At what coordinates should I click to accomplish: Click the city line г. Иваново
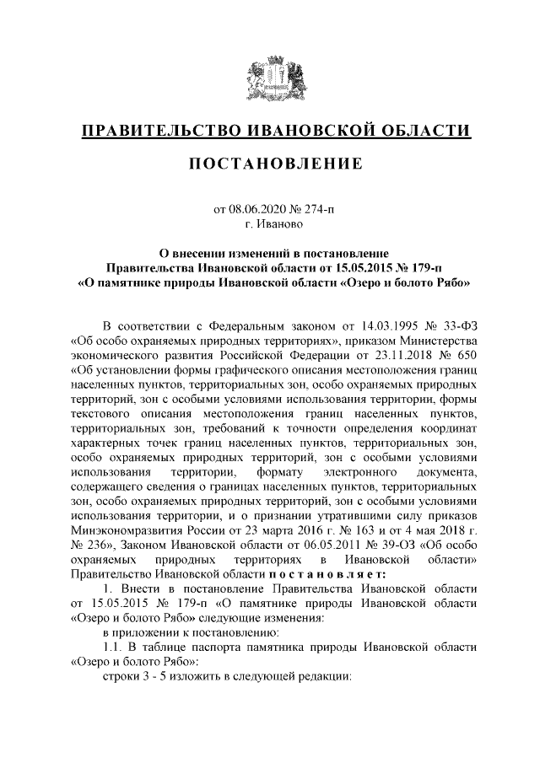coord(269,224)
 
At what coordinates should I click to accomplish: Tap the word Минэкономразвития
coord(127,532)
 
